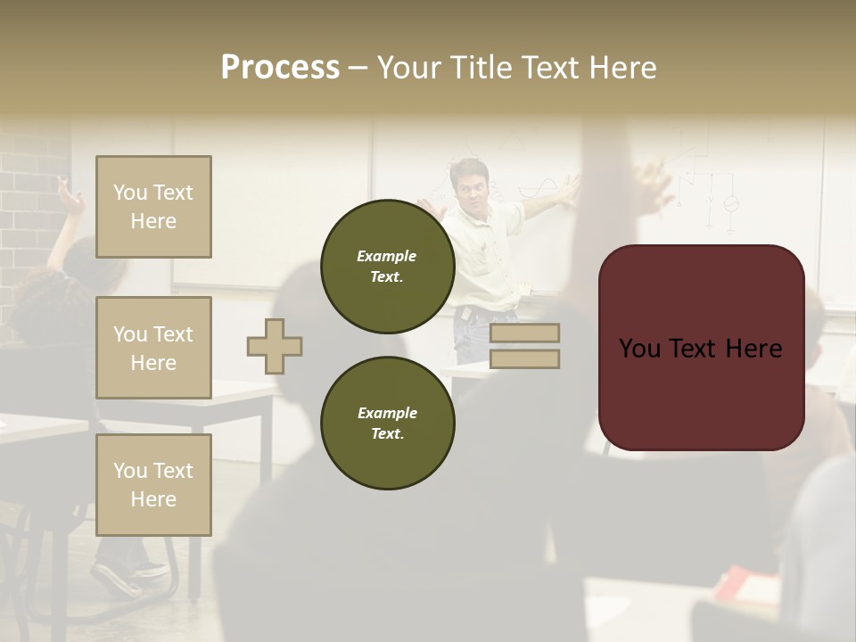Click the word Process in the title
[x=280, y=68]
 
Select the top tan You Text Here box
[x=153, y=207]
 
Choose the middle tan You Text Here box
[x=153, y=348]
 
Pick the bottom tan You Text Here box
[x=153, y=485]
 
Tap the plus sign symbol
[x=275, y=346]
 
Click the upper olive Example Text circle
[x=387, y=266]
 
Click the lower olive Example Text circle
[x=387, y=423]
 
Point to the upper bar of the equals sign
[x=524, y=333]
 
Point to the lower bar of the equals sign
[x=524, y=359]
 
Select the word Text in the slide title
[x=553, y=68]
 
